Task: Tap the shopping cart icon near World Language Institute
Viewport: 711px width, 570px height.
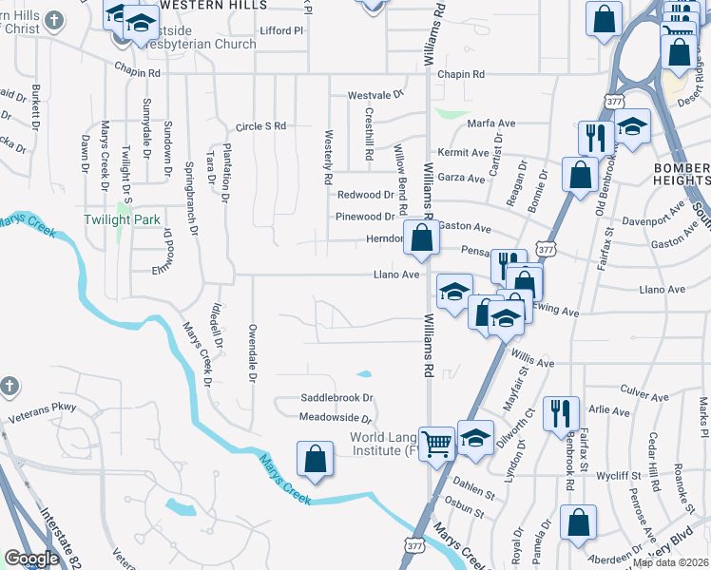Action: coord(436,442)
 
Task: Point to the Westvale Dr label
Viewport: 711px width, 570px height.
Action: coord(375,96)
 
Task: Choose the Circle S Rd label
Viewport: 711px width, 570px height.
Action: coord(260,125)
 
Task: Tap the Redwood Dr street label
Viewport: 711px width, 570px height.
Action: coord(365,195)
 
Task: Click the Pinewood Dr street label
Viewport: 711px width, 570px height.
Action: coord(364,218)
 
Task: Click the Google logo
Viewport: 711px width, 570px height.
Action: coord(31,559)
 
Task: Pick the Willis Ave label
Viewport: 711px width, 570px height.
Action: coord(532,363)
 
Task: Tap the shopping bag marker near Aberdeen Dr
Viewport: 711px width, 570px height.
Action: coord(578,522)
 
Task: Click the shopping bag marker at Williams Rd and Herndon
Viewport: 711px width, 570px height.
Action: coord(421,237)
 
